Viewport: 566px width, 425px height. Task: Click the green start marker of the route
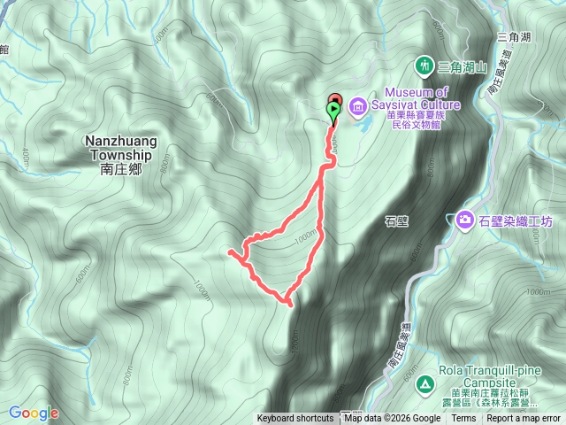[333, 111]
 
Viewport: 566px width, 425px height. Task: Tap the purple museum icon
[358, 108]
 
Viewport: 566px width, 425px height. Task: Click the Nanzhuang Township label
[119, 147]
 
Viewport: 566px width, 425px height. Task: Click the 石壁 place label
[396, 221]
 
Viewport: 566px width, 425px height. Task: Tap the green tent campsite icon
[424, 383]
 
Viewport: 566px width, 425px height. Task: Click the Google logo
[33, 413]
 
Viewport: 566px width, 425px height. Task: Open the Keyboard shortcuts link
[295, 419]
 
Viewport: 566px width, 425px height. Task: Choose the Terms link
[463, 419]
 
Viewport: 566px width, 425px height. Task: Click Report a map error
[524, 419]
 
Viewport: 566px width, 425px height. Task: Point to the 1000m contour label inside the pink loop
[305, 237]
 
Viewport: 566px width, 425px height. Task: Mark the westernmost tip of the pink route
[230, 252]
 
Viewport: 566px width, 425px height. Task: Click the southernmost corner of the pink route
[289, 304]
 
